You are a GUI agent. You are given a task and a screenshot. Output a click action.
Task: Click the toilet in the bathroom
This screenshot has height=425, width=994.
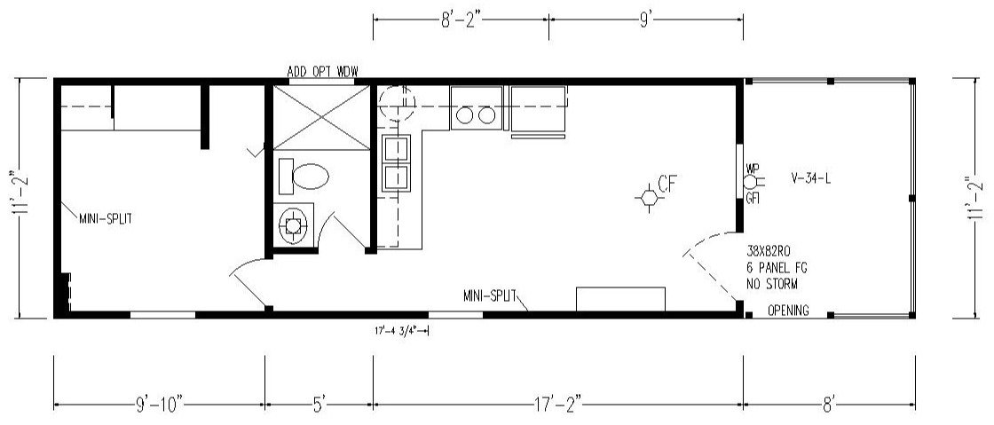pyautogui.click(x=304, y=176)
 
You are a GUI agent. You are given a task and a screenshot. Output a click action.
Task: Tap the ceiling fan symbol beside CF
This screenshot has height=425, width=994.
pyautogui.click(x=649, y=198)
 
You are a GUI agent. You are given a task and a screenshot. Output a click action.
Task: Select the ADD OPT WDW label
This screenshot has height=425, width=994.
pyautogui.click(x=322, y=71)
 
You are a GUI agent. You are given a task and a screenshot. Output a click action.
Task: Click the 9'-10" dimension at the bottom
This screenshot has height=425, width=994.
pyautogui.click(x=159, y=402)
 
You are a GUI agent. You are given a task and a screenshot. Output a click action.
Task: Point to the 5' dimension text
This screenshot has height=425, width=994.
pyautogui.click(x=319, y=402)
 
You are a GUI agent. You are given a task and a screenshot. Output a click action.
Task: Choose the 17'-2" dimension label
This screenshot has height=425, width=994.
pyautogui.click(x=557, y=402)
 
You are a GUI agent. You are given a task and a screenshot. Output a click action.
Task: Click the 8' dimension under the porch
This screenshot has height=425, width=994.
pyautogui.click(x=829, y=402)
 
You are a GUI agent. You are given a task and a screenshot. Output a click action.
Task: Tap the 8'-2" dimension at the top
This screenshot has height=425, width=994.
pyautogui.click(x=461, y=20)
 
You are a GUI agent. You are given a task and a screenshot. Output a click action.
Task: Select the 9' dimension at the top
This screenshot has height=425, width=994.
pyautogui.click(x=645, y=20)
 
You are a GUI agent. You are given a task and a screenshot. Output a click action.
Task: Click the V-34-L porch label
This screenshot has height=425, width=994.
pyautogui.click(x=811, y=178)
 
